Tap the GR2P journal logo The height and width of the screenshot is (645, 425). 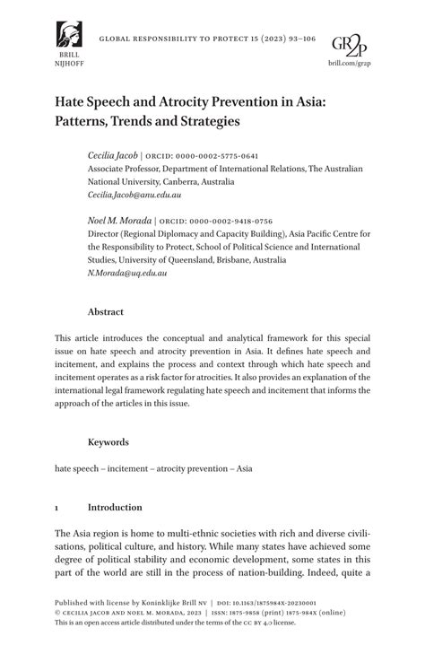(x=350, y=44)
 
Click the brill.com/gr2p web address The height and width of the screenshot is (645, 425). (x=350, y=64)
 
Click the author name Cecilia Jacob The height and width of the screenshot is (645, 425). (x=112, y=155)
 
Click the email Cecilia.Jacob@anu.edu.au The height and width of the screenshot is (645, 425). (x=134, y=195)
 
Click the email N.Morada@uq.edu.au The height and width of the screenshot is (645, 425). (x=126, y=273)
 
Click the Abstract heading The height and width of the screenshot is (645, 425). (x=105, y=312)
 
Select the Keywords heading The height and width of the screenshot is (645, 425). (x=108, y=442)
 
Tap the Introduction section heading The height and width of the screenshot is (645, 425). (x=115, y=508)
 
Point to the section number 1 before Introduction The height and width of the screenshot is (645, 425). (x=57, y=508)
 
